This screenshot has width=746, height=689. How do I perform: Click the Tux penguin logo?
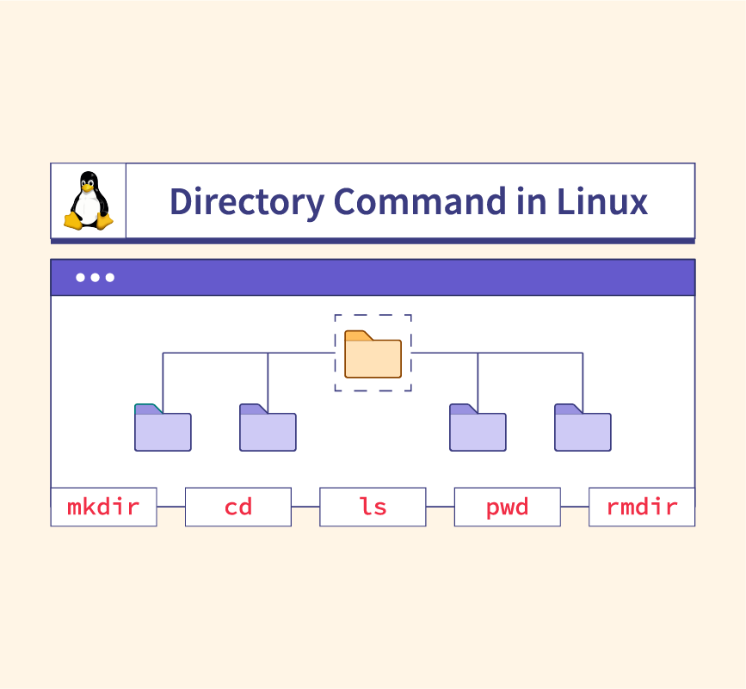click(x=89, y=200)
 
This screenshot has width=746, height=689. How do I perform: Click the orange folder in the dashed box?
click(x=373, y=354)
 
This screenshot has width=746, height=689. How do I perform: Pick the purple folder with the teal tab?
click(x=163, y=428)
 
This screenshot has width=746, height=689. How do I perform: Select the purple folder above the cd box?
click(x=268, y=428)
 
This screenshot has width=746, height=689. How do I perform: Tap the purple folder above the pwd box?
click(x=478, y=428)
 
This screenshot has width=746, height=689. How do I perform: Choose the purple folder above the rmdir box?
click(x=583, y=428)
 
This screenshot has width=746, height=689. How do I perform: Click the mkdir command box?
click(x=103, y=507)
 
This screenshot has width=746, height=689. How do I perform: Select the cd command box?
click(x=238, y=507)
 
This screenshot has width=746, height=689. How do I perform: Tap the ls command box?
click(x=373, y=507)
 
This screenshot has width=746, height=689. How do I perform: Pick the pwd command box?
click(x=507, y=507)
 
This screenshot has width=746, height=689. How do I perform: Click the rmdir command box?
click(x=641, y=507)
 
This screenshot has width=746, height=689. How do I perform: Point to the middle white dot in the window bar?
click(x=95, y=278)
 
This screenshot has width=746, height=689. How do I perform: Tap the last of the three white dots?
click(x=109, y=278)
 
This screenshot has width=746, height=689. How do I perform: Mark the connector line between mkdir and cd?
click(x=170, y=507)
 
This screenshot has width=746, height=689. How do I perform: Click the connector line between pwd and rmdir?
click(x=574, y=507)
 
